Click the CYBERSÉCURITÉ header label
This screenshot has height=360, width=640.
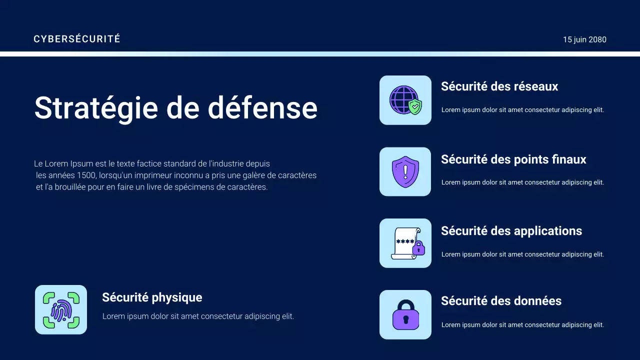(77, 39)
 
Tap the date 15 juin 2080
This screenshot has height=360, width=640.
(584, 39)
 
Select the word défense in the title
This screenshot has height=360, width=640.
(262, 107)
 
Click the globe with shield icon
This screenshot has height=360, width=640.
(405, 100)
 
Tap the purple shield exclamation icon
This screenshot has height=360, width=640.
(405, 171)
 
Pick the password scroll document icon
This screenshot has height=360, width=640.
(405, 243)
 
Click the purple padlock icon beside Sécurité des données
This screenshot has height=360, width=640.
(405, 314)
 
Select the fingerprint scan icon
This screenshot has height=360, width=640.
(61, 310)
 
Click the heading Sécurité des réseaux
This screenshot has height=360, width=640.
(499, 86)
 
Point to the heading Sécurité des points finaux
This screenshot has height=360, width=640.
(513, 159)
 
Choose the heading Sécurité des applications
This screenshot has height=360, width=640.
(511, 231)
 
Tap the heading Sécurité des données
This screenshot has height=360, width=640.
(501, 301)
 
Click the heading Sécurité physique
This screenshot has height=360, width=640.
(152, 297)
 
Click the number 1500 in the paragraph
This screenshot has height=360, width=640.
(86, 175)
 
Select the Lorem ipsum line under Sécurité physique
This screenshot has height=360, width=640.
(198, 316)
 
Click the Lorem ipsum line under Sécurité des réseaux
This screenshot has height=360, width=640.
(522, 110)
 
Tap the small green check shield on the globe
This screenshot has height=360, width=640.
(415, 106)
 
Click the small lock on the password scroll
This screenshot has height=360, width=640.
(418, 248)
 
